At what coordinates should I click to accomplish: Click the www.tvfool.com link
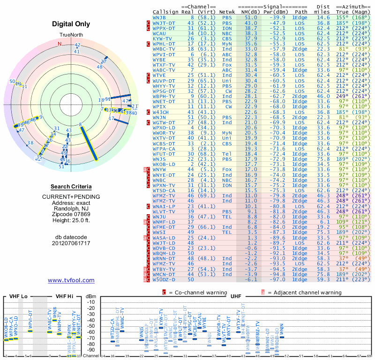[71, 280]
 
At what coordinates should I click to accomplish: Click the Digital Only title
[71, 24]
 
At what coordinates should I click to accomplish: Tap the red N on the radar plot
[60, 44]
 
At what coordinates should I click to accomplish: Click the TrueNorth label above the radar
[71, 36]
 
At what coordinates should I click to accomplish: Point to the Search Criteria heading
[71, 186]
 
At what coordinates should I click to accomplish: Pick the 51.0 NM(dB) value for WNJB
[250, 17]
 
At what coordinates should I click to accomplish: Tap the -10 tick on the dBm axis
[91, 302]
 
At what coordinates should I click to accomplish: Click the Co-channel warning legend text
[199, 292]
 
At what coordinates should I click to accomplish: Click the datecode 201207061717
[71, 243]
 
